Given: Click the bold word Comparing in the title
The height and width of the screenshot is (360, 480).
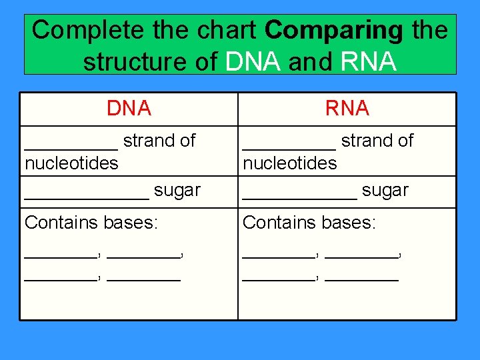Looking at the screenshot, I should [334, 30].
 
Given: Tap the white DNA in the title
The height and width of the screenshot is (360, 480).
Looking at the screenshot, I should [254, 61].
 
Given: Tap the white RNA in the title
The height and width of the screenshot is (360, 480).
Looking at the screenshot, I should [369, 61].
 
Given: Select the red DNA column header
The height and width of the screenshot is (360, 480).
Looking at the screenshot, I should [129, 108].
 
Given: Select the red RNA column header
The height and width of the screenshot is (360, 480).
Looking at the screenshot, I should [347, 108].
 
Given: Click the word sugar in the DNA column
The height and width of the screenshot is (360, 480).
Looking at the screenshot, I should [177, 190].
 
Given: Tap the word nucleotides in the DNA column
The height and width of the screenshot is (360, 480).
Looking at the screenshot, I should [71, 163].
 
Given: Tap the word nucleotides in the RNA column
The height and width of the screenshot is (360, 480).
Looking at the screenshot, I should [290, 163].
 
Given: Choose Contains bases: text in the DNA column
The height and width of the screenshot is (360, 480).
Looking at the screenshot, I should [91, 222].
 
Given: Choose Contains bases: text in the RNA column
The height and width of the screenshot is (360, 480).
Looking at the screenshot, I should [309, 222].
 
